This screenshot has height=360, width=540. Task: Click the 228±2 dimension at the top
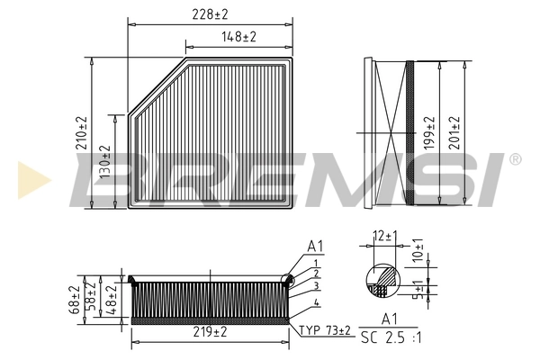(x=211, y=13)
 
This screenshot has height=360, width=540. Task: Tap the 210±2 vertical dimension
(x=81, y=132)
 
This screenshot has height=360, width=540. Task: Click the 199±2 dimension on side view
(x=428, y=131)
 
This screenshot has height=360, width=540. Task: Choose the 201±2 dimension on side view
(x=454, y=131)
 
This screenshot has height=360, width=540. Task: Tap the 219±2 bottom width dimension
(x=211, y=332)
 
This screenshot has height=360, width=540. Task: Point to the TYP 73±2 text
(x=325, y=331)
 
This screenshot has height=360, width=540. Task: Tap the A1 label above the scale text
(x=391, y=318)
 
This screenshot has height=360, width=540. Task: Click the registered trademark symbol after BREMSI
(x=514, y=160)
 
